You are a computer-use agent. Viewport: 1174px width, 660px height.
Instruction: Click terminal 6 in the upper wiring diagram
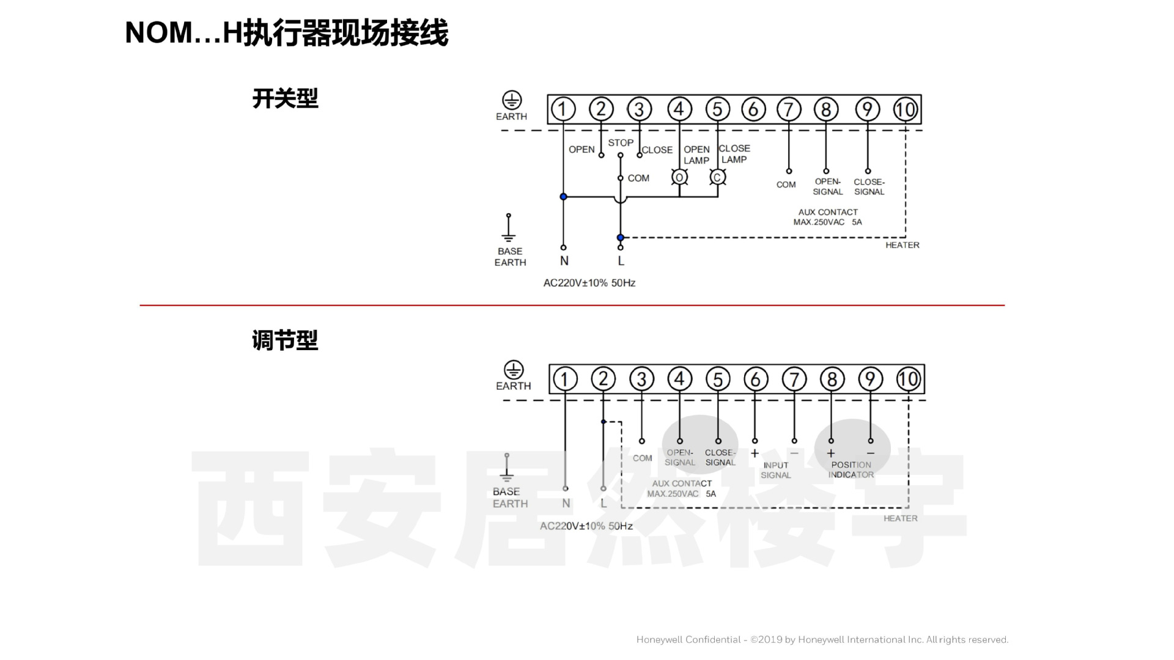[753, 109]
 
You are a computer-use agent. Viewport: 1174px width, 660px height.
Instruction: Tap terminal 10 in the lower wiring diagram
[908, 379]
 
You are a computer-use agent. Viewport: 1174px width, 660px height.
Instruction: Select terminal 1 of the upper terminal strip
[563, 109]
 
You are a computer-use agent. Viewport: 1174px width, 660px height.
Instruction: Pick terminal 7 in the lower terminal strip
[794, 379]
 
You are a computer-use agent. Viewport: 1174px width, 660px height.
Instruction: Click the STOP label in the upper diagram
[621, 142]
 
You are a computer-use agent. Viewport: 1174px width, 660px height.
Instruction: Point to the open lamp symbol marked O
[679, 177]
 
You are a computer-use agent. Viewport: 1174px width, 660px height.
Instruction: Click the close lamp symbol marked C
[717, 177]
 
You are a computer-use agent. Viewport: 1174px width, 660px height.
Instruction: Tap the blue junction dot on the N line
[563, 197]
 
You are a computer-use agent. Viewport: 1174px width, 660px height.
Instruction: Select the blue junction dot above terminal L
[621, 238]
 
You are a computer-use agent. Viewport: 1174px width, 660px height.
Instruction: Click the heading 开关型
[285, 98]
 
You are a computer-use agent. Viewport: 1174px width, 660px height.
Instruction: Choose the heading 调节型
[285, 340]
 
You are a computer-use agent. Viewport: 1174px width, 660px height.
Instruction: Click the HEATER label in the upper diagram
[902, 245]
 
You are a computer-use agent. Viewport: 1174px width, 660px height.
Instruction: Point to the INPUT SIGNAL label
[775, 470]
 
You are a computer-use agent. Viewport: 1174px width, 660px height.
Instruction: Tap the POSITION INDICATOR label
[851, 469]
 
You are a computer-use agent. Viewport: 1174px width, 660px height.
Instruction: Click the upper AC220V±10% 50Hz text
[589, 283]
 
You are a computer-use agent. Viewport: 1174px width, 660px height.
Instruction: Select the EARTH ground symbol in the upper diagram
[512, 100]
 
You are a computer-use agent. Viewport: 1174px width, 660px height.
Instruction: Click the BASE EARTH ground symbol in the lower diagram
[507, 469]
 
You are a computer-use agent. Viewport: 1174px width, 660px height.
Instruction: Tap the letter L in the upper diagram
[621, 261]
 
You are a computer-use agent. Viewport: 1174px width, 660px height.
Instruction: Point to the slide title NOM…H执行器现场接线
[286, 33]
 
